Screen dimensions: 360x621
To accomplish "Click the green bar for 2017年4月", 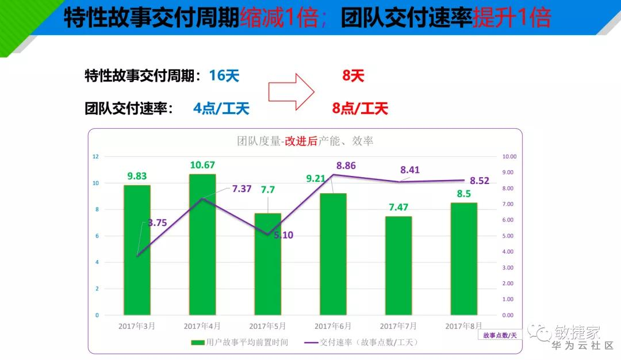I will coord(202,244).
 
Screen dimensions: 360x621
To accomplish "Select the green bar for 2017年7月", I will coord(398,266).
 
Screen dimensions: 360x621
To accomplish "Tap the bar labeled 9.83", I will coord(137,250).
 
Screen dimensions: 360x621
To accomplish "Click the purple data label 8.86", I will coord(346,166).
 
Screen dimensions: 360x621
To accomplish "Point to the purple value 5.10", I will coord(282,235).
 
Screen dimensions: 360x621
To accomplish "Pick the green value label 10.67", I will coord(202,166).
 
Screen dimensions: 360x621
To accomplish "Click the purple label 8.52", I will coord(479,181).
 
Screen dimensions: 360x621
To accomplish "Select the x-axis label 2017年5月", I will coord(267,326).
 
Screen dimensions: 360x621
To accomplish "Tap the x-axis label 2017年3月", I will coord(137,326).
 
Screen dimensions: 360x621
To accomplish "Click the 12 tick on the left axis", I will coord(95,156).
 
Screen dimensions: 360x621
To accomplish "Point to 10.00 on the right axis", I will coord(509,156).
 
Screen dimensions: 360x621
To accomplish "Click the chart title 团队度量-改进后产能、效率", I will coord(305,141).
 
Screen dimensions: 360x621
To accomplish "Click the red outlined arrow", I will coord(291,91).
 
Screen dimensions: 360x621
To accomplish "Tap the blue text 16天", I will coord(224,75).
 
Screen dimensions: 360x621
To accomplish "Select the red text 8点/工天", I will coord(360,108).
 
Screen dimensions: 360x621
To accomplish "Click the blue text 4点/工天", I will coord(221,108).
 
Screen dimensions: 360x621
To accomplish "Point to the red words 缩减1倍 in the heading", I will coord(279,18).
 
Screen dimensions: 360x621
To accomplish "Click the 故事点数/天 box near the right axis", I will coord(500,335).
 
